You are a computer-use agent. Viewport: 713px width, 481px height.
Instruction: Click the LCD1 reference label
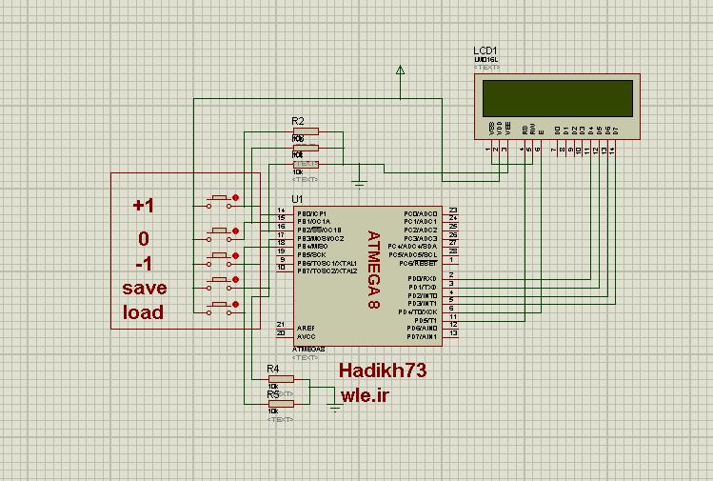click(x=485, y=50)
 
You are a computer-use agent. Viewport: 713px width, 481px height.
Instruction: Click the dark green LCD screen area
click(x=558, y=97)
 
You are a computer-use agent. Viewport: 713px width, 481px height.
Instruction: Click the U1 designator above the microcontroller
click(x=299, y=198)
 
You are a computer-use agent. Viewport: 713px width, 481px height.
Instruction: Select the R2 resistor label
click(x=297, y=122)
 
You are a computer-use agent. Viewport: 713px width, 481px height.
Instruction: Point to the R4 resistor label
click(x=273, y=368)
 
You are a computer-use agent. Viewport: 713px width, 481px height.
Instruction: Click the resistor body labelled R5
click(x=282, y=403)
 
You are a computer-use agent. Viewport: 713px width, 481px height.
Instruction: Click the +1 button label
click(x=143, y=206)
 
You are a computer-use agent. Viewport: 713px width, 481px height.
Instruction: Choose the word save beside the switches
click(x=144, y=288)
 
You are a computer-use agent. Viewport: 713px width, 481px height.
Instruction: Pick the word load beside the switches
click(x=143, y=312)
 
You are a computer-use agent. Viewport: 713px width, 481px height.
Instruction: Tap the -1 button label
click(x=143, y=264)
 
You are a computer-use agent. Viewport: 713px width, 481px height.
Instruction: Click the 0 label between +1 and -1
click(x=143, y=238)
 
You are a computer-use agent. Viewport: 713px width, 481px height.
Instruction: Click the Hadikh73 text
click(x=383, y=370)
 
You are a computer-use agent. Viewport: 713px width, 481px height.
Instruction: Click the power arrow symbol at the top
click(x=400, y=70)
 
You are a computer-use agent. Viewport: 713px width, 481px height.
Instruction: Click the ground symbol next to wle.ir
click(x=334, y=407)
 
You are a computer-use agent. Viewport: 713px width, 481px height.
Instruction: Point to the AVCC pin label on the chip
click(x=306, y=336)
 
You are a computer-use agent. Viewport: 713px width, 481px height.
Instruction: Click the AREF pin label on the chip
click(x=306, y=327)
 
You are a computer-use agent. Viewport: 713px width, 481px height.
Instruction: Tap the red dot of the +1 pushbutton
click(x=235, y=199)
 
